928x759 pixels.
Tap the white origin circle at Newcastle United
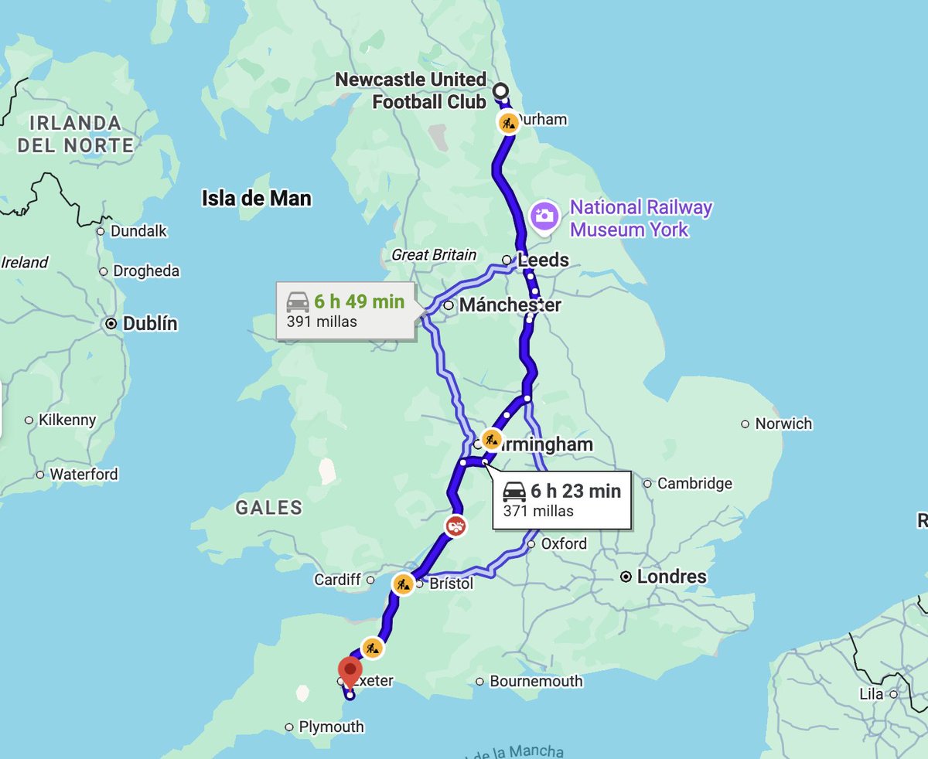pos(500,91)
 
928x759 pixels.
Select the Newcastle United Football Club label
pos(411,90)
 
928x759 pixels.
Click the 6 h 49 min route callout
pos(346,311)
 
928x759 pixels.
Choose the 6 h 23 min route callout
pos(561,499)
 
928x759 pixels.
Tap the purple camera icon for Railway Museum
pos(545,215)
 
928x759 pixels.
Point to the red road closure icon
pos(456,526)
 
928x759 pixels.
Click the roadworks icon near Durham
pos(508,123)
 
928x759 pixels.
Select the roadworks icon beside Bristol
pos(402,584)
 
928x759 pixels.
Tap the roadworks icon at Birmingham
pos(491,440)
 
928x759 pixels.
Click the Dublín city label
pos(150,324)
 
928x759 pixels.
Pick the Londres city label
pos(671,577)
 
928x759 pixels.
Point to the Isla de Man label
pos(257,199)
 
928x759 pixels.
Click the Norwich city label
pos(783,424)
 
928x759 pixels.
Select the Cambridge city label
pos(694,484)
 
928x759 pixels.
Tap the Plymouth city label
pos(331,727)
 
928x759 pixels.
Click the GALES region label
pos(269,508)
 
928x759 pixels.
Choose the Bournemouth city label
pos(536,681)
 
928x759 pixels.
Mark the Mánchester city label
pos(510,305)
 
